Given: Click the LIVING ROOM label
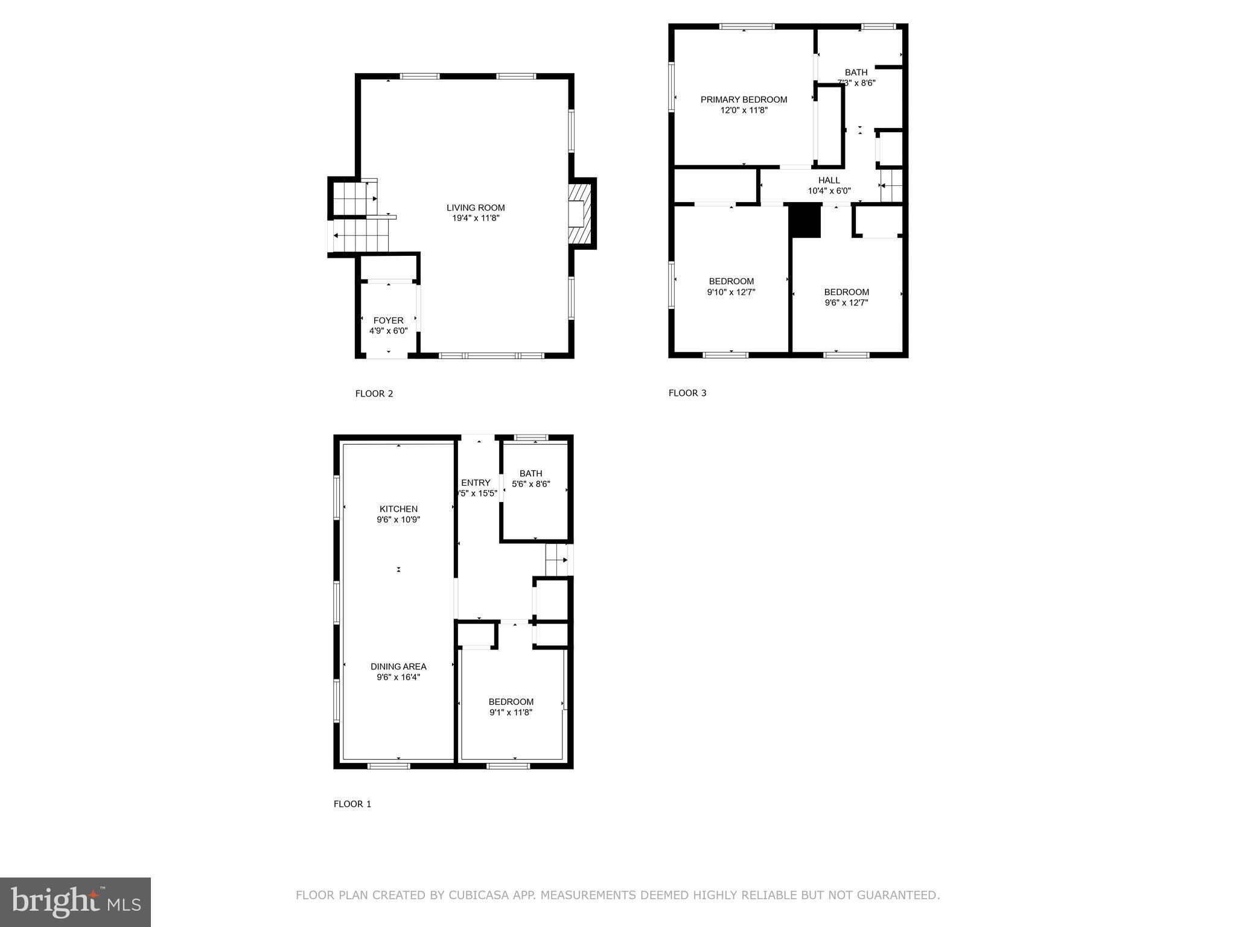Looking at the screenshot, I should pyautogui.click(x=476, y=208).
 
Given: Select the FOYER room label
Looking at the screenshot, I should pyautogui.click(x=388, y=320).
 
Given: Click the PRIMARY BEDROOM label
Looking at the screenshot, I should pyautogui.click(x=744, y=100).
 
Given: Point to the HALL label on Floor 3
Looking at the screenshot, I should pyautogui.click(x=829, y=180).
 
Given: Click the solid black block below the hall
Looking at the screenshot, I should pyautogui.click(x=806, y=221).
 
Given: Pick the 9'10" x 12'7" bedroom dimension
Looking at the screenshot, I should pyautogui.click(x=731, y=292).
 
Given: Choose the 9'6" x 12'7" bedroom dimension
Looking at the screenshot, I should pyautogui.click(x=846, y=303).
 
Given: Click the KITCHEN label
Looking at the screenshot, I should pyautogui.click(x=398, y=509).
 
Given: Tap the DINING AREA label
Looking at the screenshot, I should pyautogui.click(x=398, y=666).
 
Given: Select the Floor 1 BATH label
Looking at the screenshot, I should pyautogui.click(x=530, y=474).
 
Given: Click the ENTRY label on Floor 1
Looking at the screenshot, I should pyautogui.click(x=476, y=483).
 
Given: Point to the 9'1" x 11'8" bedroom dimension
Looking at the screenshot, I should pyautogui.click(x=511, y=712).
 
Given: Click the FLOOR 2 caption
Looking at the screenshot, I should pyautogui.click(x=374, y=393).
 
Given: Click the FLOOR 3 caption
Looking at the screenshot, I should pyautogui.click(x=687, y=393).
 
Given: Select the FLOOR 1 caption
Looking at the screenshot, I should pyautogui.click(x=352, y=804).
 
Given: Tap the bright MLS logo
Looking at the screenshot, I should pyautogui.click(x=75, y=902).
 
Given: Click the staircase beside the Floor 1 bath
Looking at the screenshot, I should pyautogui.click(x=556, y=560).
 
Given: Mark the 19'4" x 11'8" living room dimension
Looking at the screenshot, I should pyautogui.click(x=476, y=218).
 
